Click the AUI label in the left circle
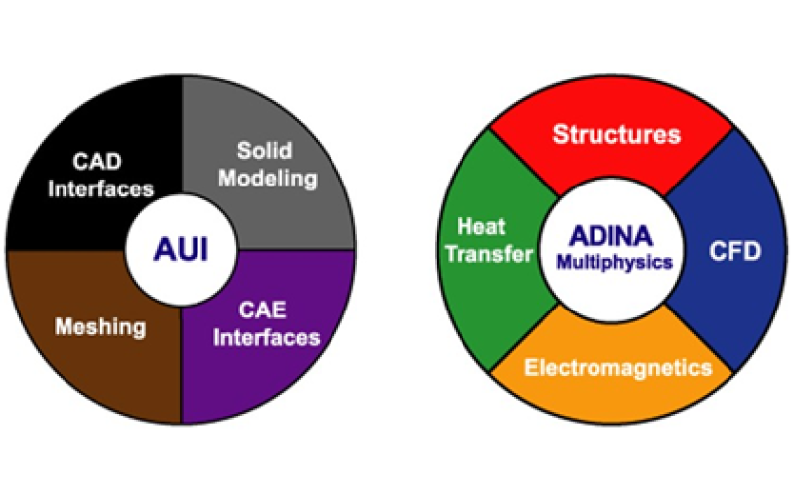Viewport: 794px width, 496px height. (180, 248)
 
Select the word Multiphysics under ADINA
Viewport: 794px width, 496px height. (613, 264)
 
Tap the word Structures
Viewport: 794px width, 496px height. (616, 133)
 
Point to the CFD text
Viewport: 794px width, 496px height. (734, 251)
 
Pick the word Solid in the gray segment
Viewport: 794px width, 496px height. (264, 151)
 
